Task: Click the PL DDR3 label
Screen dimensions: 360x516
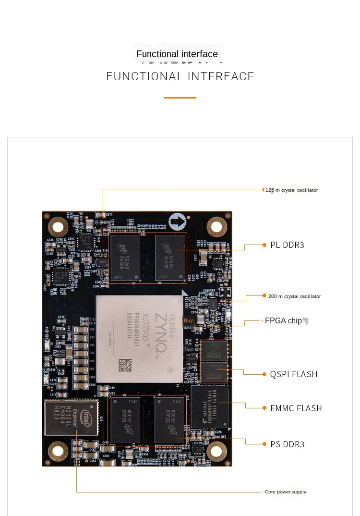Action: (287, 245)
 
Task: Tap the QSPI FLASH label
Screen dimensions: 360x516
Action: (290, 374)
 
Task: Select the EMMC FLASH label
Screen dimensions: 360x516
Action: (296, 408)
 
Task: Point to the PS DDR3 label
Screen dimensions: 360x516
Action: (287, 444)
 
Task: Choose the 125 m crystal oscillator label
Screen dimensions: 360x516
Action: (292, 190)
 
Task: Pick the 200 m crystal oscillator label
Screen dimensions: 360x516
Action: (294, 296)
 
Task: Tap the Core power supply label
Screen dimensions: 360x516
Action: (286, 492)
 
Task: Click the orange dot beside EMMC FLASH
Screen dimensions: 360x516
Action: (264, 408)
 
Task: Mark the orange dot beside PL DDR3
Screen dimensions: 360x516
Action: (264, 245)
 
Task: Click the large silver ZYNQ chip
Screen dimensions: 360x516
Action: (139, 339)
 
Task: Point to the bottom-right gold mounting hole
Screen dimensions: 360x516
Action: (216, 451)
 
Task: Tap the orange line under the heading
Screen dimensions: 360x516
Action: (180, 98)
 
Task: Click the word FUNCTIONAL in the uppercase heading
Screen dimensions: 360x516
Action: (144, 76)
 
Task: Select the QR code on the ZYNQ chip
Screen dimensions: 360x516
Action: (125, 365)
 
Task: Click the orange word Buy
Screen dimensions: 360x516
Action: (188, 320)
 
